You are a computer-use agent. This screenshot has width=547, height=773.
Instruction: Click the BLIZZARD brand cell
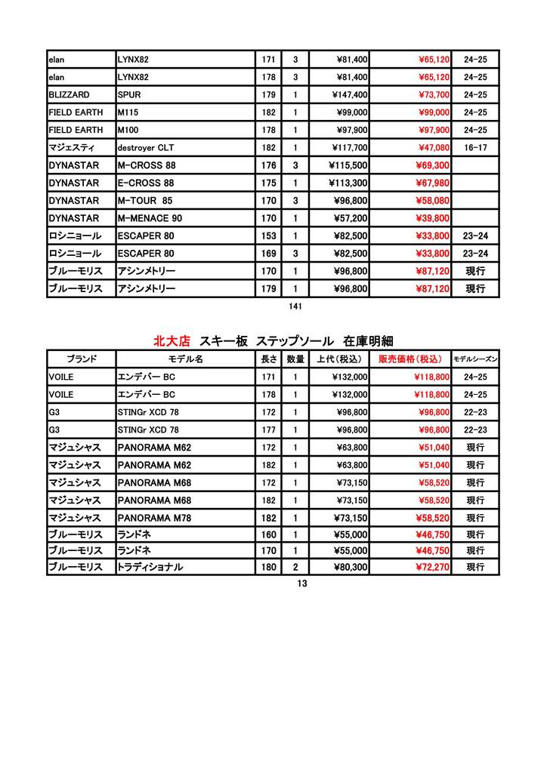69,95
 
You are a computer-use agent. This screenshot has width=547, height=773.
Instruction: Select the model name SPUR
129,95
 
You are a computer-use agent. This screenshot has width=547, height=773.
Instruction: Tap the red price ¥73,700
434,95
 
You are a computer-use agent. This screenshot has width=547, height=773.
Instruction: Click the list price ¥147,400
349,95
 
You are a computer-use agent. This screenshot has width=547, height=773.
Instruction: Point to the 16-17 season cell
475,148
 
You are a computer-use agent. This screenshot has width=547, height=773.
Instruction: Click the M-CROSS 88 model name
147,165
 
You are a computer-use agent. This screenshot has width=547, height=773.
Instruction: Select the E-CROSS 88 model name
146,183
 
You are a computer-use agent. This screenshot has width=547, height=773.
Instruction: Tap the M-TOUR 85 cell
145,201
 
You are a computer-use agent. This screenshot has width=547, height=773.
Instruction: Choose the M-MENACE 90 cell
150,218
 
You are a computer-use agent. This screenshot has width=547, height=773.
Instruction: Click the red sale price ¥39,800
432,218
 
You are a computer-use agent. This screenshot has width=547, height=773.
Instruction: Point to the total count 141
295,306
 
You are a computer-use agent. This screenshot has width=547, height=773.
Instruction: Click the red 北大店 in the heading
172,341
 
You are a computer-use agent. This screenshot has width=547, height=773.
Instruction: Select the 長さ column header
269,359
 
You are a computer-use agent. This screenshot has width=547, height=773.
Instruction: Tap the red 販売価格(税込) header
410,359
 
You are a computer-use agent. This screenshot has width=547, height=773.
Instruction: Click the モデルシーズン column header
475,359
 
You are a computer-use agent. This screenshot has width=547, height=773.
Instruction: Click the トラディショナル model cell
150,567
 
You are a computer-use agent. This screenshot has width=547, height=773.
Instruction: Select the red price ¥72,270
432,567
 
